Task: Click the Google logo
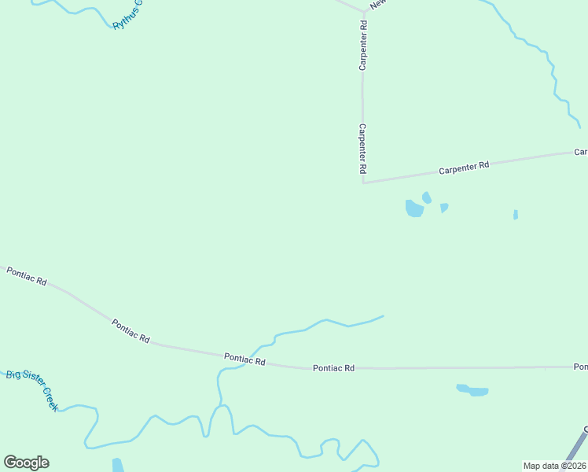tap(26, 463)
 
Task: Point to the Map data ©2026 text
tap(555, 466)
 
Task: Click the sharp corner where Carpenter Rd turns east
tap(363, 183)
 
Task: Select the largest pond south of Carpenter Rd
tap(414, 208)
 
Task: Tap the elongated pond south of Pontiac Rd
tap(472, 390)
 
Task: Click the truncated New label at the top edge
tap(378, 5)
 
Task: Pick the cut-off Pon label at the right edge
tap(580, 367)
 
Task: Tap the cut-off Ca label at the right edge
tap(581, 151)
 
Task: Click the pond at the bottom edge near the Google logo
tap(118, 465)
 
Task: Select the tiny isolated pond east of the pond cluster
tap(516, 214)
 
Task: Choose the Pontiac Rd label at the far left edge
tap(27, 276)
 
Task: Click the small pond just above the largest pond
tap(427, 197)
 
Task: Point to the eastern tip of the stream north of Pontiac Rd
tap(383, 316)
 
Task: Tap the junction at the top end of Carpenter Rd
tap(364, 12)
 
